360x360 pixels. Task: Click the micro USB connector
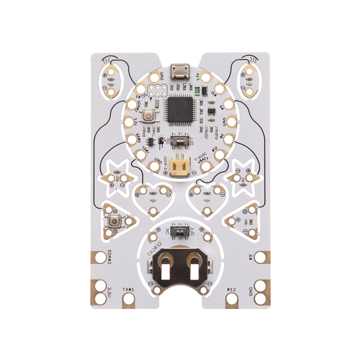[180, 70]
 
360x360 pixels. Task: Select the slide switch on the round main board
[179, 140]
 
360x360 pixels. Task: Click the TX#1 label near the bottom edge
[128, 290]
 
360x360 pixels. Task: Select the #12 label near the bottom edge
[231, 290]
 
